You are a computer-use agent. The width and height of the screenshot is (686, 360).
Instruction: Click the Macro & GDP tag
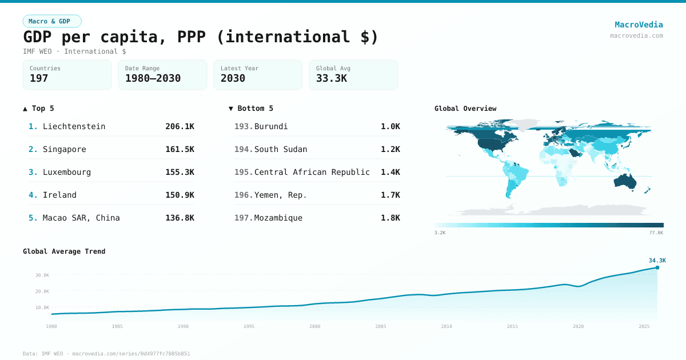click(x=52, y=21)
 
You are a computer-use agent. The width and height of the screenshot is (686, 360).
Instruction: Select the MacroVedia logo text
click(x=639, y=25)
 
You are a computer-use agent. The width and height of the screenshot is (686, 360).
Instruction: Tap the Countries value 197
click(x=39, y=78)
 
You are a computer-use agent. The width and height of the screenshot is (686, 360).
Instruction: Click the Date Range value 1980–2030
click(x=153, y=78)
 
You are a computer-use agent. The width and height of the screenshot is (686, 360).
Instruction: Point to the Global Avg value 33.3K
click(x=331, y=78)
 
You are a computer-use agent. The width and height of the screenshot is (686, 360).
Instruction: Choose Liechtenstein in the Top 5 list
click(x=74, y=126)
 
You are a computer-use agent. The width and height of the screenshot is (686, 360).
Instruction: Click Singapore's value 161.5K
click(x=180, y=149)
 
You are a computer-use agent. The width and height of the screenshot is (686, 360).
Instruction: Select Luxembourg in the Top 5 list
click(x=66, y=172)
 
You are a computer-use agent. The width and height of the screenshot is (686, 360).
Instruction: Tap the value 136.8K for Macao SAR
click(x=180, y=218)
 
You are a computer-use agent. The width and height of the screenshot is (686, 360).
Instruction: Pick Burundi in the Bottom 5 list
click(x=271, y=126)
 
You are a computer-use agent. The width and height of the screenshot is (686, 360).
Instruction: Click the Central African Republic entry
click(x=312, y=172)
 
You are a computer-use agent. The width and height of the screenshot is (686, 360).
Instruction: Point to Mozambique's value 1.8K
click(x=390, y=218)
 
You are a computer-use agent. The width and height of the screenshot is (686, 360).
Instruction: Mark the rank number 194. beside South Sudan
click(x=244, y=149)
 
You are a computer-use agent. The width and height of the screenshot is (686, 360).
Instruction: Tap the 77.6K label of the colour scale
click(x=656, y=233)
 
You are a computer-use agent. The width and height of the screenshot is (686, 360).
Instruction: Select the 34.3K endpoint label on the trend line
click(x=657, y=260)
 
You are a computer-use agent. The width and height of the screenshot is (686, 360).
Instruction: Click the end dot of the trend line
click(x=657, y=267)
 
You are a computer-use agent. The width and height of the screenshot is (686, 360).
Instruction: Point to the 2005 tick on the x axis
click(x=381, y=326)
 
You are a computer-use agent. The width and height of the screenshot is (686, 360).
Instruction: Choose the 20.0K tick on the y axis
click(x=42, y=291)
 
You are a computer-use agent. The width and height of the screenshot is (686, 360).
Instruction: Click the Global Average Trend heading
click(x=64, y=251)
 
